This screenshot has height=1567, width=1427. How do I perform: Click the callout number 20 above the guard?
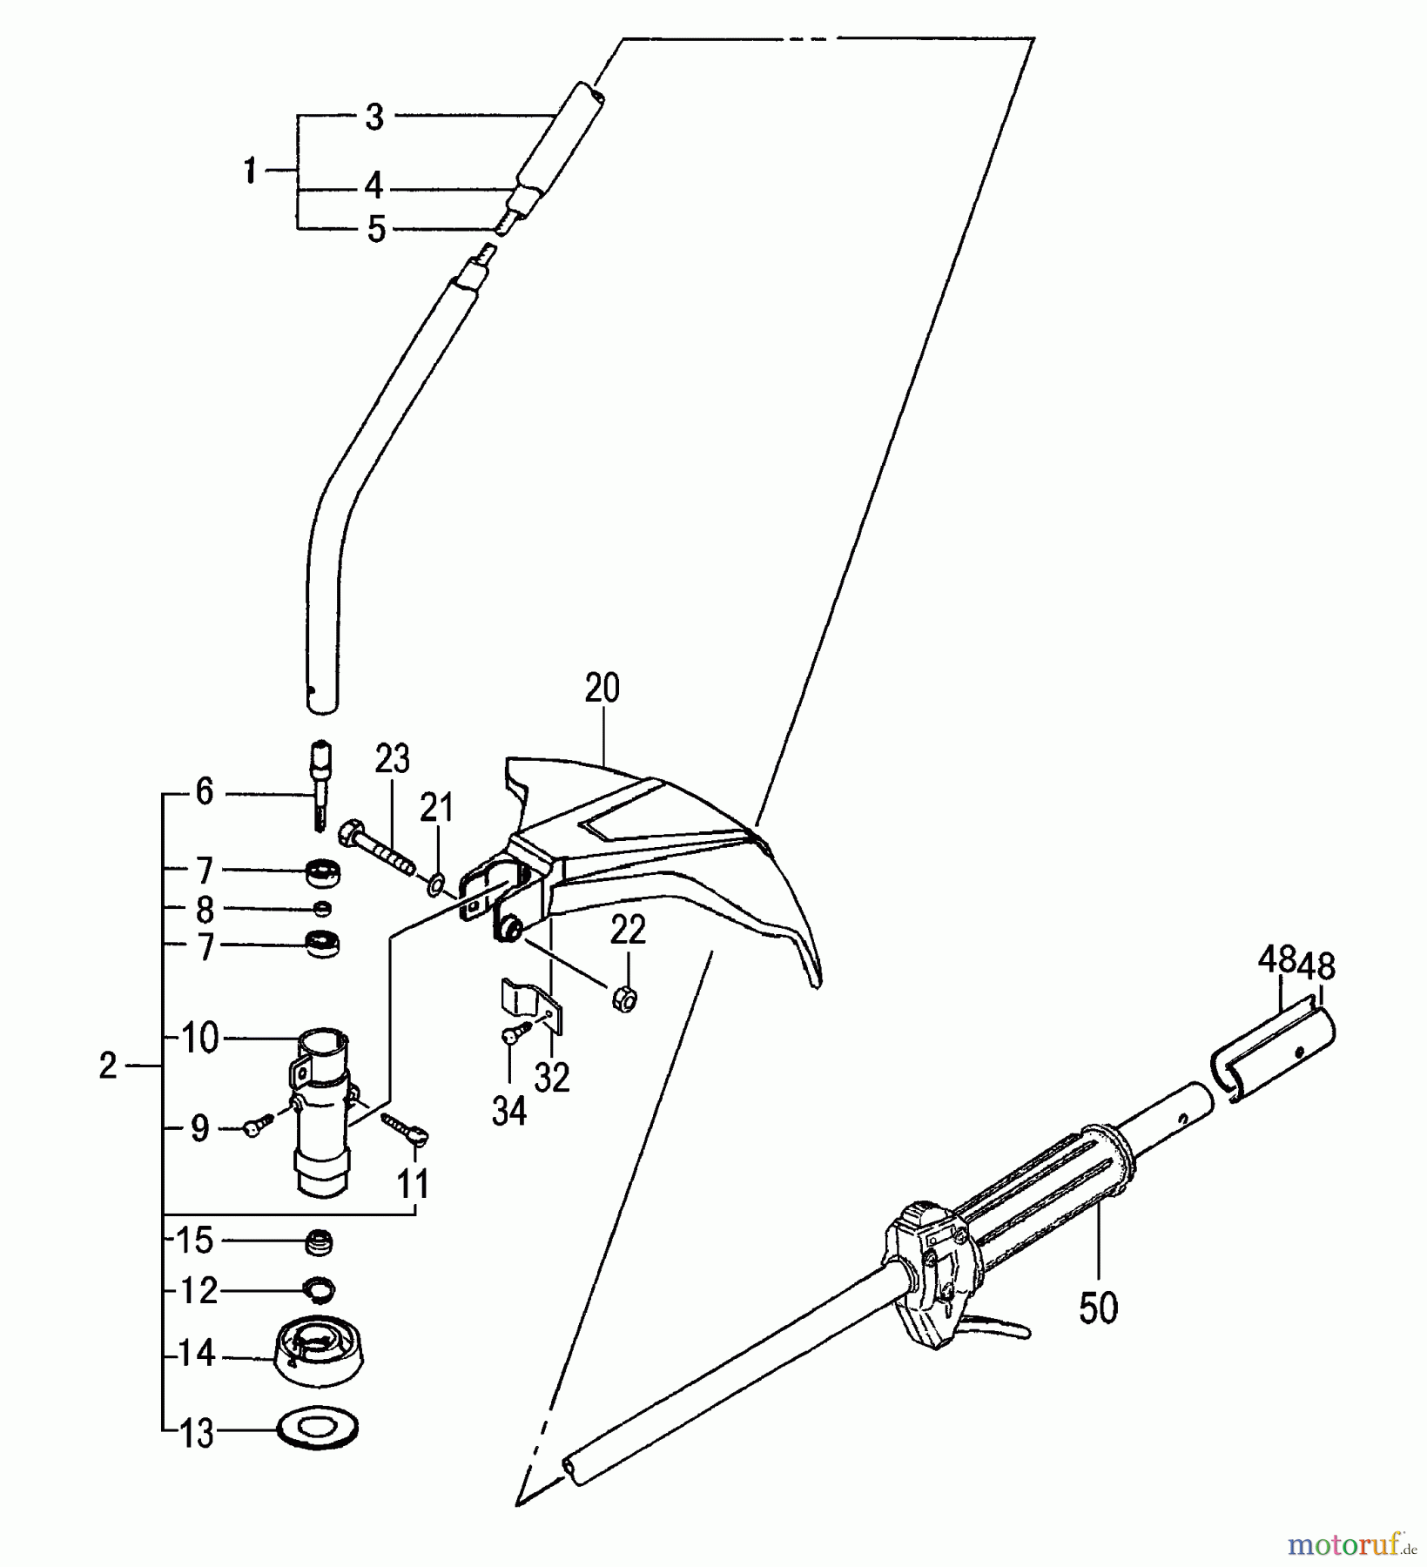point(602,689)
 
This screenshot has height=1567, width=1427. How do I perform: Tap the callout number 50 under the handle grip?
point(1098,1308)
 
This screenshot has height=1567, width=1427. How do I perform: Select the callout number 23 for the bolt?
point(392,760)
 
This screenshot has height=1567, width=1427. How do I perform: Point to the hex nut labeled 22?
point(624,999)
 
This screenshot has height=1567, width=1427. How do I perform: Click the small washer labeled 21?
point(435,886)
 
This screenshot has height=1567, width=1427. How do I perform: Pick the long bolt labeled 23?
point(381,844)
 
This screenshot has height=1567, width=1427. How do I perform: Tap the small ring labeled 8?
point(322,909)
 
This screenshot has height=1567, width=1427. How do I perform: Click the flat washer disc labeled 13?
point(316,1430)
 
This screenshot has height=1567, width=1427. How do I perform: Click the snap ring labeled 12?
point(320,1289)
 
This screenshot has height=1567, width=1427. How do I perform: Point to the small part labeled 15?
point(320,1241)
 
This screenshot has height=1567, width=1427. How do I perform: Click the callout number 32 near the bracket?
point(552,1079)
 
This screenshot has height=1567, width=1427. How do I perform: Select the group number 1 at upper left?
point(250,171)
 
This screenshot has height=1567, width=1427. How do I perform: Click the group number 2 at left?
point(107,1066)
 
